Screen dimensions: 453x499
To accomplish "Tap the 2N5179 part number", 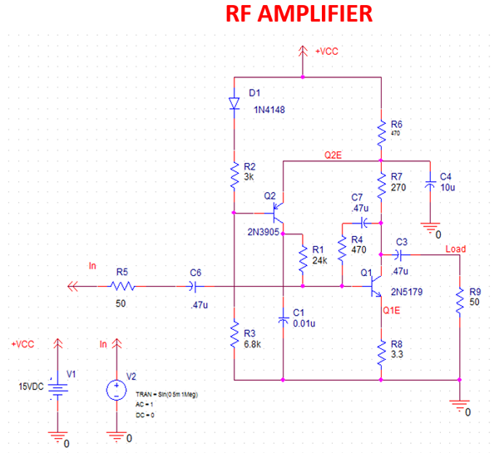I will (404, 293).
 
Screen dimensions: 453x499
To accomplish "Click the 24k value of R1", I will (319, 261).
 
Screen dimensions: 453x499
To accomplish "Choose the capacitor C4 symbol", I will (430, 185).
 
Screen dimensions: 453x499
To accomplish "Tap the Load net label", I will (456, 249).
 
